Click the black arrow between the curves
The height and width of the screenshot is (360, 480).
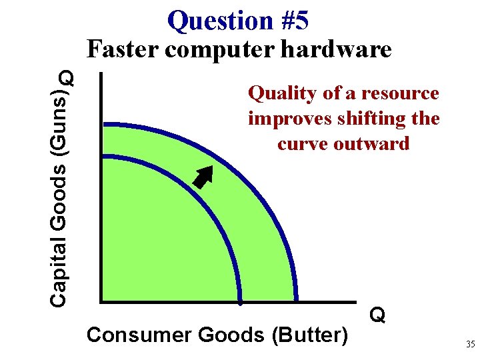[x=203, y=177]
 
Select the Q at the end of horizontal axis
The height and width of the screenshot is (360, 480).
[x=377, y=315]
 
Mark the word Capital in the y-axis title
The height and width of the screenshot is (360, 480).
[x=60, y=273]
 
